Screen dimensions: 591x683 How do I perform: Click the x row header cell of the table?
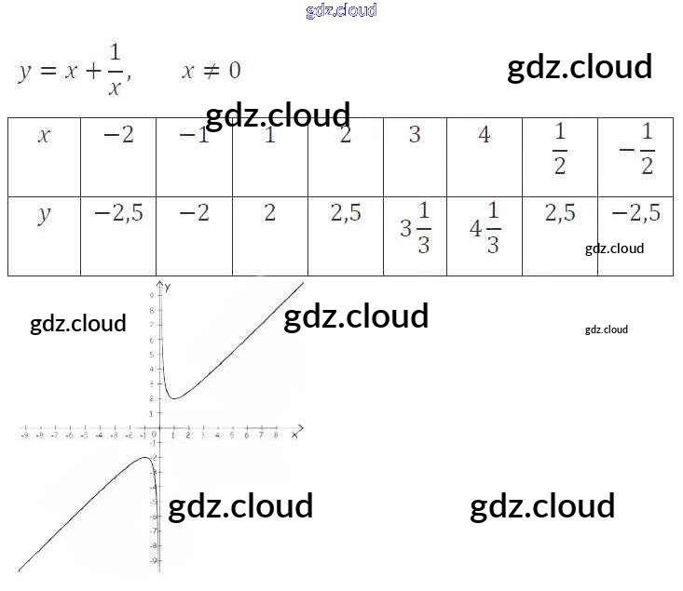[x=44, y=136]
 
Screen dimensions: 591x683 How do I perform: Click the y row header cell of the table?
[x=44, y=215]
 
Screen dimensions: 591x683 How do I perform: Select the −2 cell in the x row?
[x=118, y=136]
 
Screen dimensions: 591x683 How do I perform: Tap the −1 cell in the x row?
[x=194, y=136]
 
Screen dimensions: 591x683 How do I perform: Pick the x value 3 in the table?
[x=415, y=136]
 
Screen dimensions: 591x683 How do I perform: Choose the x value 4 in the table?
[x=484, y=136]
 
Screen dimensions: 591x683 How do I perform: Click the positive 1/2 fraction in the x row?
[x=559, y=149]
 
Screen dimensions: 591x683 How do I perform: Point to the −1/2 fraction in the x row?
[x=635, y=149]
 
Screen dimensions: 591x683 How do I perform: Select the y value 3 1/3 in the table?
[x=415, y=228]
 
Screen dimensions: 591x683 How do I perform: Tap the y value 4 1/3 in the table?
[x=485, y=228]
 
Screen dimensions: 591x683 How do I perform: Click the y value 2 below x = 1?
[x=269, y=214]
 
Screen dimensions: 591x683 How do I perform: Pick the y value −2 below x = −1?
[x=194, y=214]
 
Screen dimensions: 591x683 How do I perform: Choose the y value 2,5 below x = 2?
[x=346, y=214]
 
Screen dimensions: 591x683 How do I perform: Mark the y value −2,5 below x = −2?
[x=118, y=214]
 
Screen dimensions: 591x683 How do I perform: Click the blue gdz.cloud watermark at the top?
[x=341, y=11]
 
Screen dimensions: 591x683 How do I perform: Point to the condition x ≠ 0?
[x=212, y=71]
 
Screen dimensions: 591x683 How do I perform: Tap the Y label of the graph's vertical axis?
[x=168, y=283]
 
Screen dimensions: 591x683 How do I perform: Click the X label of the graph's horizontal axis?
[x=294, y=435]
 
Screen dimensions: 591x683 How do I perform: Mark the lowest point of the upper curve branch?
[x=172, y=398]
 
